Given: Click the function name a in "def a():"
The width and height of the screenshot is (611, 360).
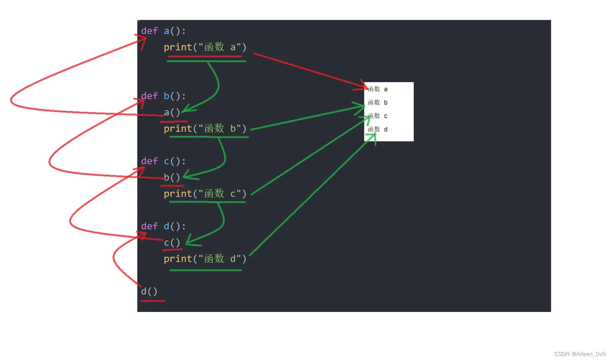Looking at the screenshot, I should coord(166,31).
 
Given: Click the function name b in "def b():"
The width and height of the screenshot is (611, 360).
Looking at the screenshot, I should coord(166,96).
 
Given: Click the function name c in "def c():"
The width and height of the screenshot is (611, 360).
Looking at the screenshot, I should coord(166,161).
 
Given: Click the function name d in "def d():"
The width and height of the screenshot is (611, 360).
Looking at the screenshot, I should coord(166,226).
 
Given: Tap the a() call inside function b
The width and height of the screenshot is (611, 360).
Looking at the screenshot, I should coord(172,113).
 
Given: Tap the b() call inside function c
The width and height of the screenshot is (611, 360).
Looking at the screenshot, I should coord(172,178).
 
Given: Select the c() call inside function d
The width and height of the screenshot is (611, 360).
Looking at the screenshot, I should coord(172,243).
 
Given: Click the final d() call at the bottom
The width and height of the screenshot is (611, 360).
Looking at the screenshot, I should coord(149,291).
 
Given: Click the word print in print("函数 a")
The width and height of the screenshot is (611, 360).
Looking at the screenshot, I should coord(178,47).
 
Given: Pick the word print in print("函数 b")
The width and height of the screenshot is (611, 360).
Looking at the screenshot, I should coord(178,129).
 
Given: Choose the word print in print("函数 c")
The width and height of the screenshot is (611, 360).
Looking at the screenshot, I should coord(178,194).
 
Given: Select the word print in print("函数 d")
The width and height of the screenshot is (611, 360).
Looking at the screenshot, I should coord(178,259).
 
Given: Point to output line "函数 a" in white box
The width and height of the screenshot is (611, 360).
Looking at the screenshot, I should coord(378,89).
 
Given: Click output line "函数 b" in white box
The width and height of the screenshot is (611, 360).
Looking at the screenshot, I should coord(378,103).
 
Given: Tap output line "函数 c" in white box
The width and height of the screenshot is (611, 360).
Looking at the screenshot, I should coord(378,116).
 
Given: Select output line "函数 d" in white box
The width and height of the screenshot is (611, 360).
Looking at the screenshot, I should coord(378,129).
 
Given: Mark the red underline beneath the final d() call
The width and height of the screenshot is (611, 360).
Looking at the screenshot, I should coord(153,301).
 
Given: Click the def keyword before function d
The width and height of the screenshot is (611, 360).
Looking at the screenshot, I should coord(149,226).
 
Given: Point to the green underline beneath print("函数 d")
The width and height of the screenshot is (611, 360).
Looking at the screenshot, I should coord(205,271).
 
